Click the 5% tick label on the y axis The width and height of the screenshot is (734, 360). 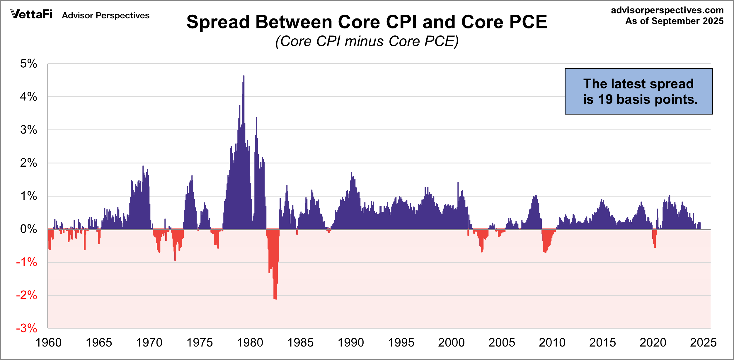point(28,64)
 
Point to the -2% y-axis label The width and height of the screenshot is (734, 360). point(27,295)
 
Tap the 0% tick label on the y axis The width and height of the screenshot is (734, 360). point(28,229)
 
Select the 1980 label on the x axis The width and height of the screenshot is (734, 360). point(250,342)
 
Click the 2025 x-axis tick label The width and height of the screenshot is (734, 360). point(703,342)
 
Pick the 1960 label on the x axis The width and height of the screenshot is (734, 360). point(48,342)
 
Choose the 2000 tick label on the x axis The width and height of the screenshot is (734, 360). point(451,342)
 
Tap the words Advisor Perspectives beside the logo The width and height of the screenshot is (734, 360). point(105,15)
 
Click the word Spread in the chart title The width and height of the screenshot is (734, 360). point(218,22)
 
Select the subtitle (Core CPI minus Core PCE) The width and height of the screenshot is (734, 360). point(367,41)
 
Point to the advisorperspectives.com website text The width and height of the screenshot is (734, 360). point(667,10)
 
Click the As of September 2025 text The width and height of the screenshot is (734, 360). point(674,21)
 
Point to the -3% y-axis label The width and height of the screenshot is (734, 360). point(27,328)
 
